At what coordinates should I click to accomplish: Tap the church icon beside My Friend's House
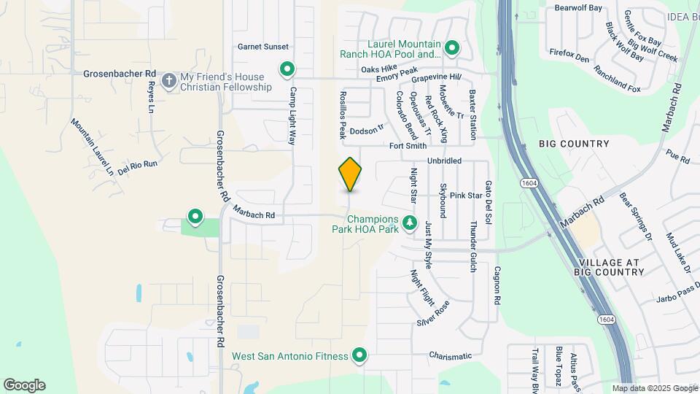click(x=169, y=80)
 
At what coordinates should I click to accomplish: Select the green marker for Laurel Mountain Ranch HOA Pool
click(x=452, y=49)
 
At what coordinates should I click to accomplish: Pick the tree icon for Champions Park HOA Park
click(x=410, y=222)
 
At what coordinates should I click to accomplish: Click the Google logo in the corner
click(x=24, y=385)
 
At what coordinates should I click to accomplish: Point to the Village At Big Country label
click(x=611, y=267)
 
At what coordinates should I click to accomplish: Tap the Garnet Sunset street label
click(x=263, y=47)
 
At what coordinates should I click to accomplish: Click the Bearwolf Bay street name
click(x=578, y=8)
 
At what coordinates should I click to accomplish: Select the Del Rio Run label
click(x=137, y=166)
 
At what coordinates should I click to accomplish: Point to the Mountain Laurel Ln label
click(x=93, y=147)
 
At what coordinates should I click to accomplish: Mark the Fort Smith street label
click(x=408, y=146)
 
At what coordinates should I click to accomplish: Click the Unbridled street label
click(x=445, y=161)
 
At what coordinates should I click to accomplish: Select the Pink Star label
click(x=466, y=196)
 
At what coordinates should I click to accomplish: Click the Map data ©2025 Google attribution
click(x=654, y=388)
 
